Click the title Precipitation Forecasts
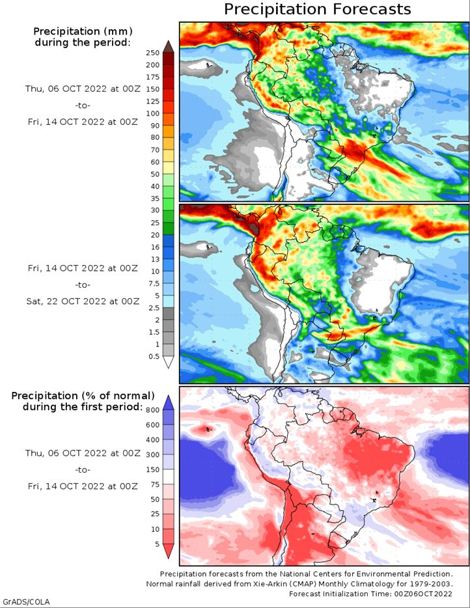coord(318,9)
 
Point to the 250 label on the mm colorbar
coord(153,53)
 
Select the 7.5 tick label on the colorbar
coord(154,283)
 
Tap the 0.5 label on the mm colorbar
coord(154,356)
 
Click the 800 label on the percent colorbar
coord(153,410)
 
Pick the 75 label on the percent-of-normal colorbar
coord(155,484)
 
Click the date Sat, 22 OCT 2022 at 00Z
coord(83,301)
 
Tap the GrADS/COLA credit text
coord(26,601)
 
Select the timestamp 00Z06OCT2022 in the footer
coord(424,594)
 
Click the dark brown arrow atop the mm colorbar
coord(169,46)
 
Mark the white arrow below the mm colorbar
coord(169,362)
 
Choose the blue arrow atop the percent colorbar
coord(169,402)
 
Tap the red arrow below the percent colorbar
coord(169,551)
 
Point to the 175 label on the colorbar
coord(153,77)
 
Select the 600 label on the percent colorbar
coord(153,425)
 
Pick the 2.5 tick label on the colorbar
coord(154,308)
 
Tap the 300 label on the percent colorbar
coord(153,454)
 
